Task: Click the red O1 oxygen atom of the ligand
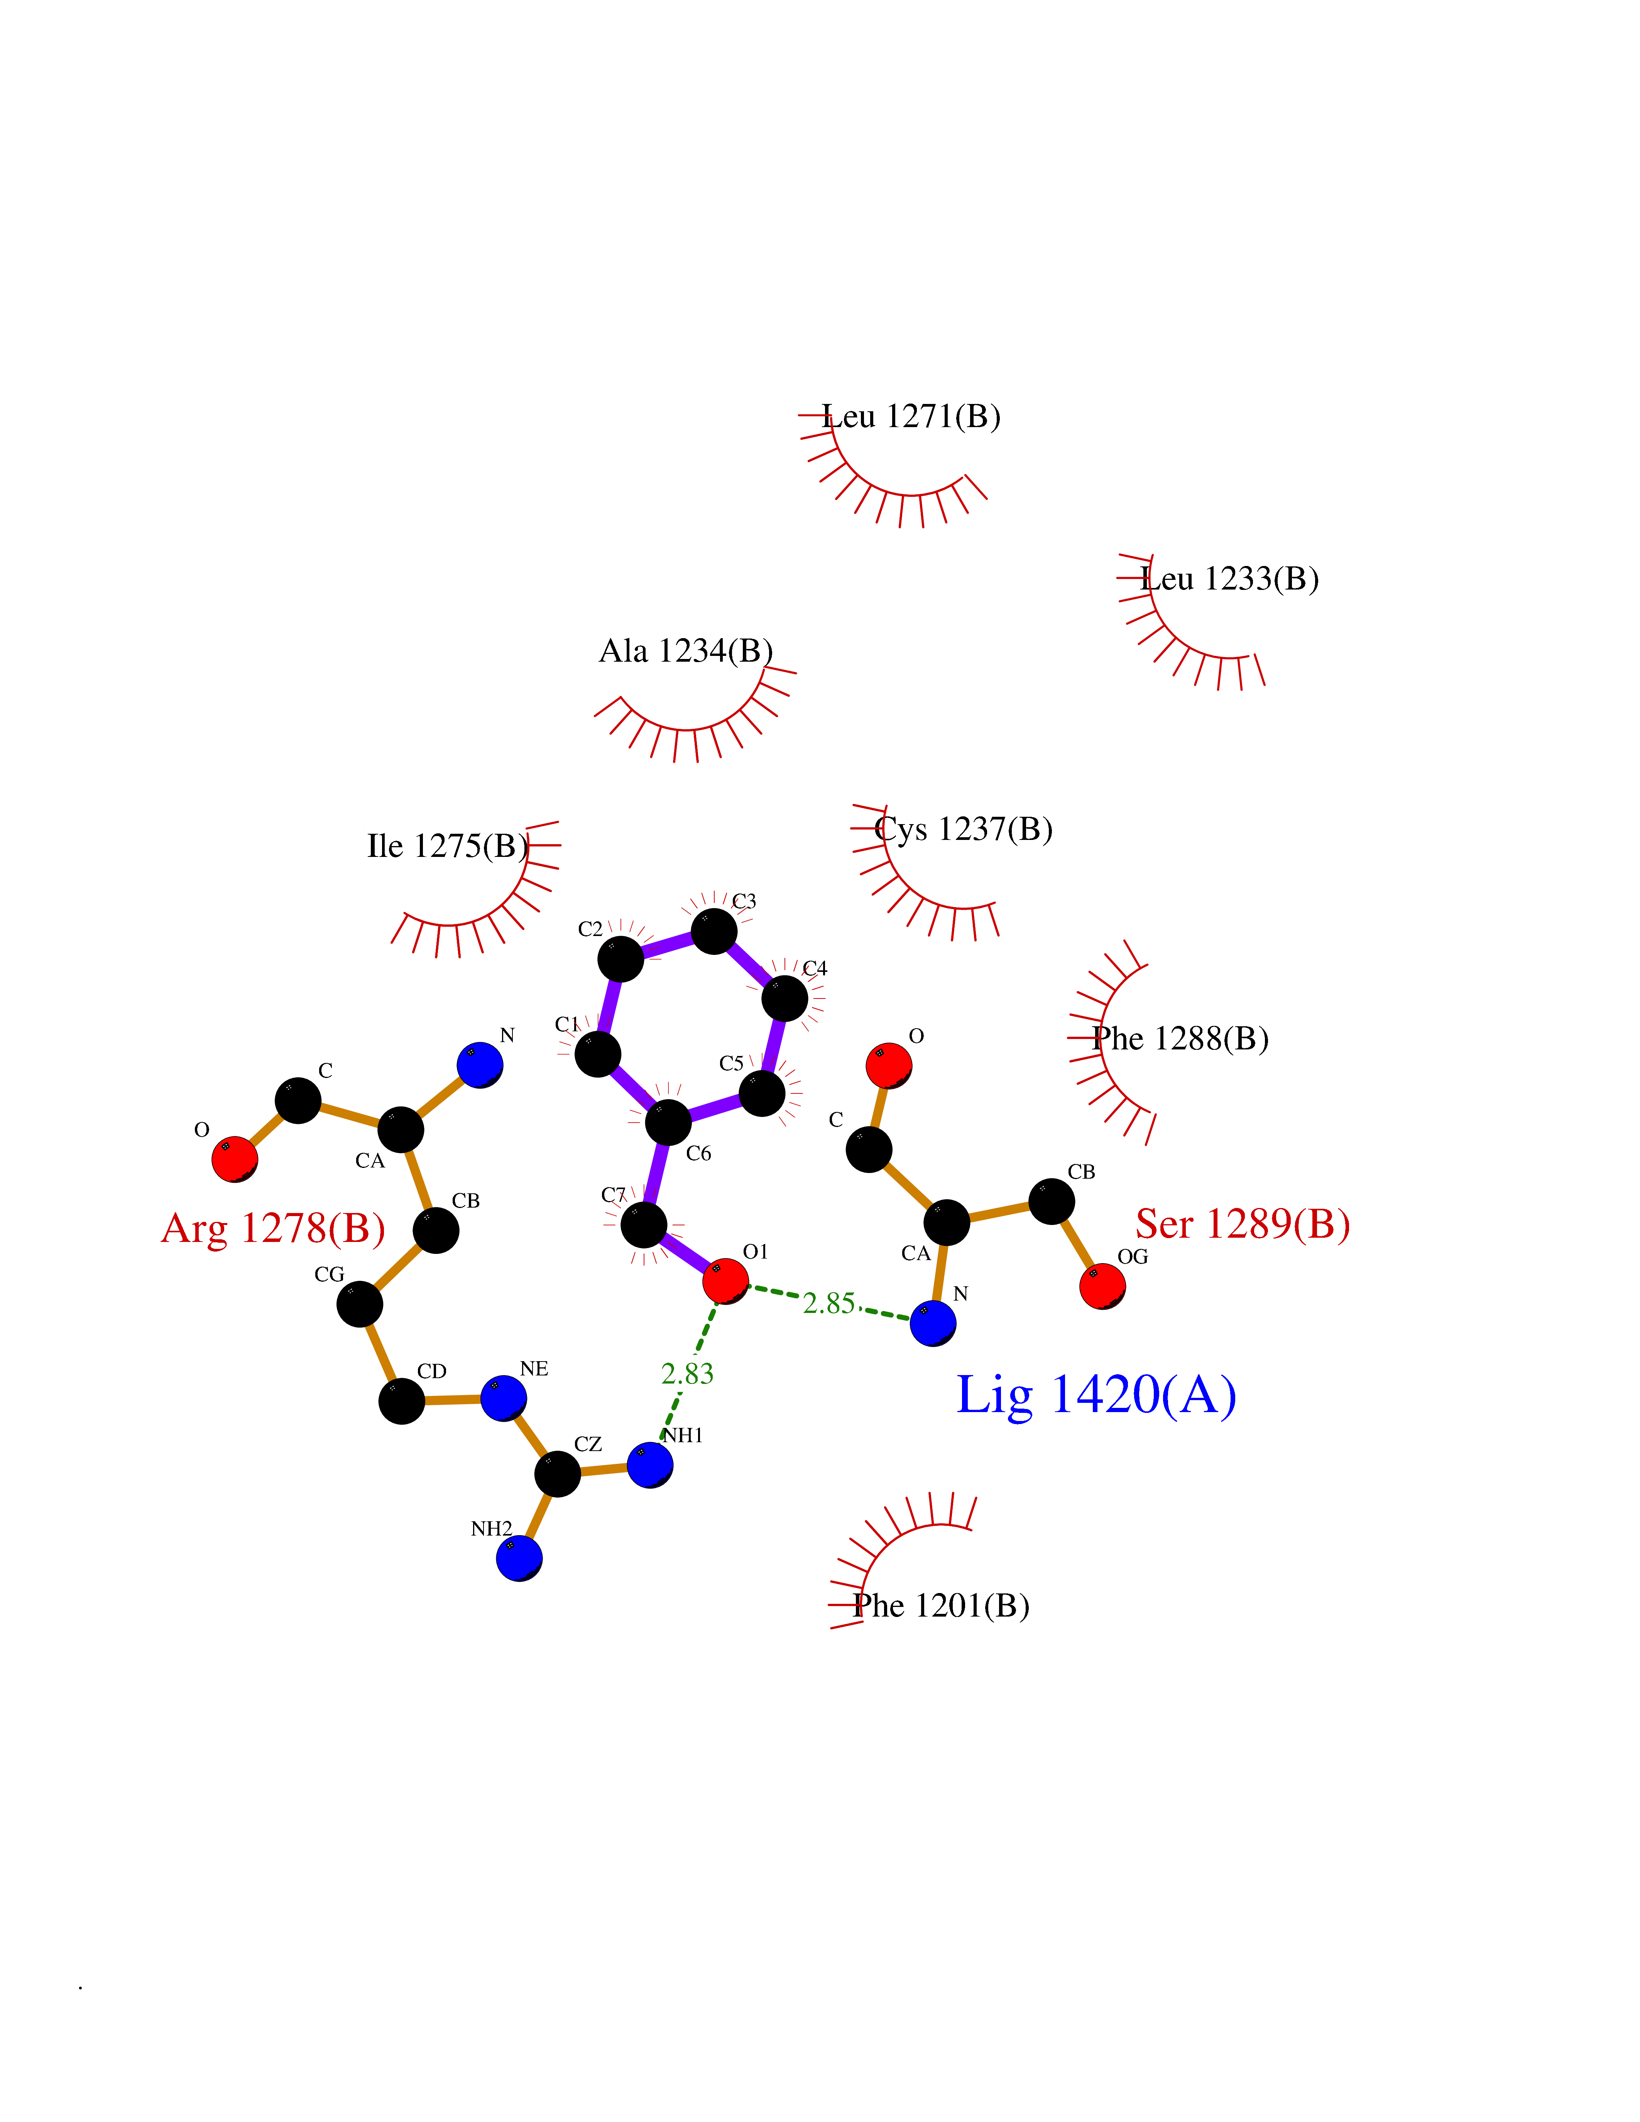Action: pyautogui.click(x=725, y=1281)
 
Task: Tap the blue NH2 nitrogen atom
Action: pyautogui.click(x=519, y=1558)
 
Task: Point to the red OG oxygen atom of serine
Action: pyautogui.click(x=1102, y=1286)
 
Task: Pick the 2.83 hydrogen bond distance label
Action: pyautogui.click(x=687, y=1374)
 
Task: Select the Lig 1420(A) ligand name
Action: pyautogui.click(x=1096, y=1395)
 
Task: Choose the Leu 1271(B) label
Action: pyautogui.click(x=911, y=417)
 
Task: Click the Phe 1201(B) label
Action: pyautogui.click(x=940, y=1606)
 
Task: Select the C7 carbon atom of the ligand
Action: pyautogui.click(x=643, y=1224)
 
